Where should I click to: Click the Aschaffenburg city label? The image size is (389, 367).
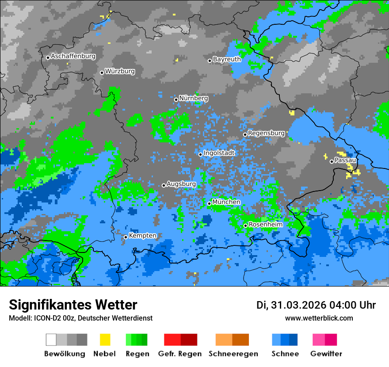[73, 56]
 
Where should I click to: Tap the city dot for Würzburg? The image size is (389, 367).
[102, 73]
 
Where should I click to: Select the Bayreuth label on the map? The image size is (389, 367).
[227, 59]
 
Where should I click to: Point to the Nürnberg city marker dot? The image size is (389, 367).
[176, 99]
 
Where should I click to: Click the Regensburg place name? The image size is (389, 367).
[266, 133]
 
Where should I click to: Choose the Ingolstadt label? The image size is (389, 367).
[219, 153]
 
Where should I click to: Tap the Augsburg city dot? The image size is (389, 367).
[164, 185]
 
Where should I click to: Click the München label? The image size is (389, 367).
[226, 202]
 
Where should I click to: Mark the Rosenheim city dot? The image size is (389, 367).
[245, 226]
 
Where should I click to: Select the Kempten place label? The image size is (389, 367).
[142, 236]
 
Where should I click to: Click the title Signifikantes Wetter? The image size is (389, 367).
[73, 305]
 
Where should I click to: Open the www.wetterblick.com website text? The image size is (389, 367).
[319, 318]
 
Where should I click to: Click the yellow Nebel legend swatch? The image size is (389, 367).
[105, 340]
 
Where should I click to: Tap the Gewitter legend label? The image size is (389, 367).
[326, 354]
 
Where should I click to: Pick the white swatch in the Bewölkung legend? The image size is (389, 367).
[51, 340]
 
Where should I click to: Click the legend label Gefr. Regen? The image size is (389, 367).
[179, 354]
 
